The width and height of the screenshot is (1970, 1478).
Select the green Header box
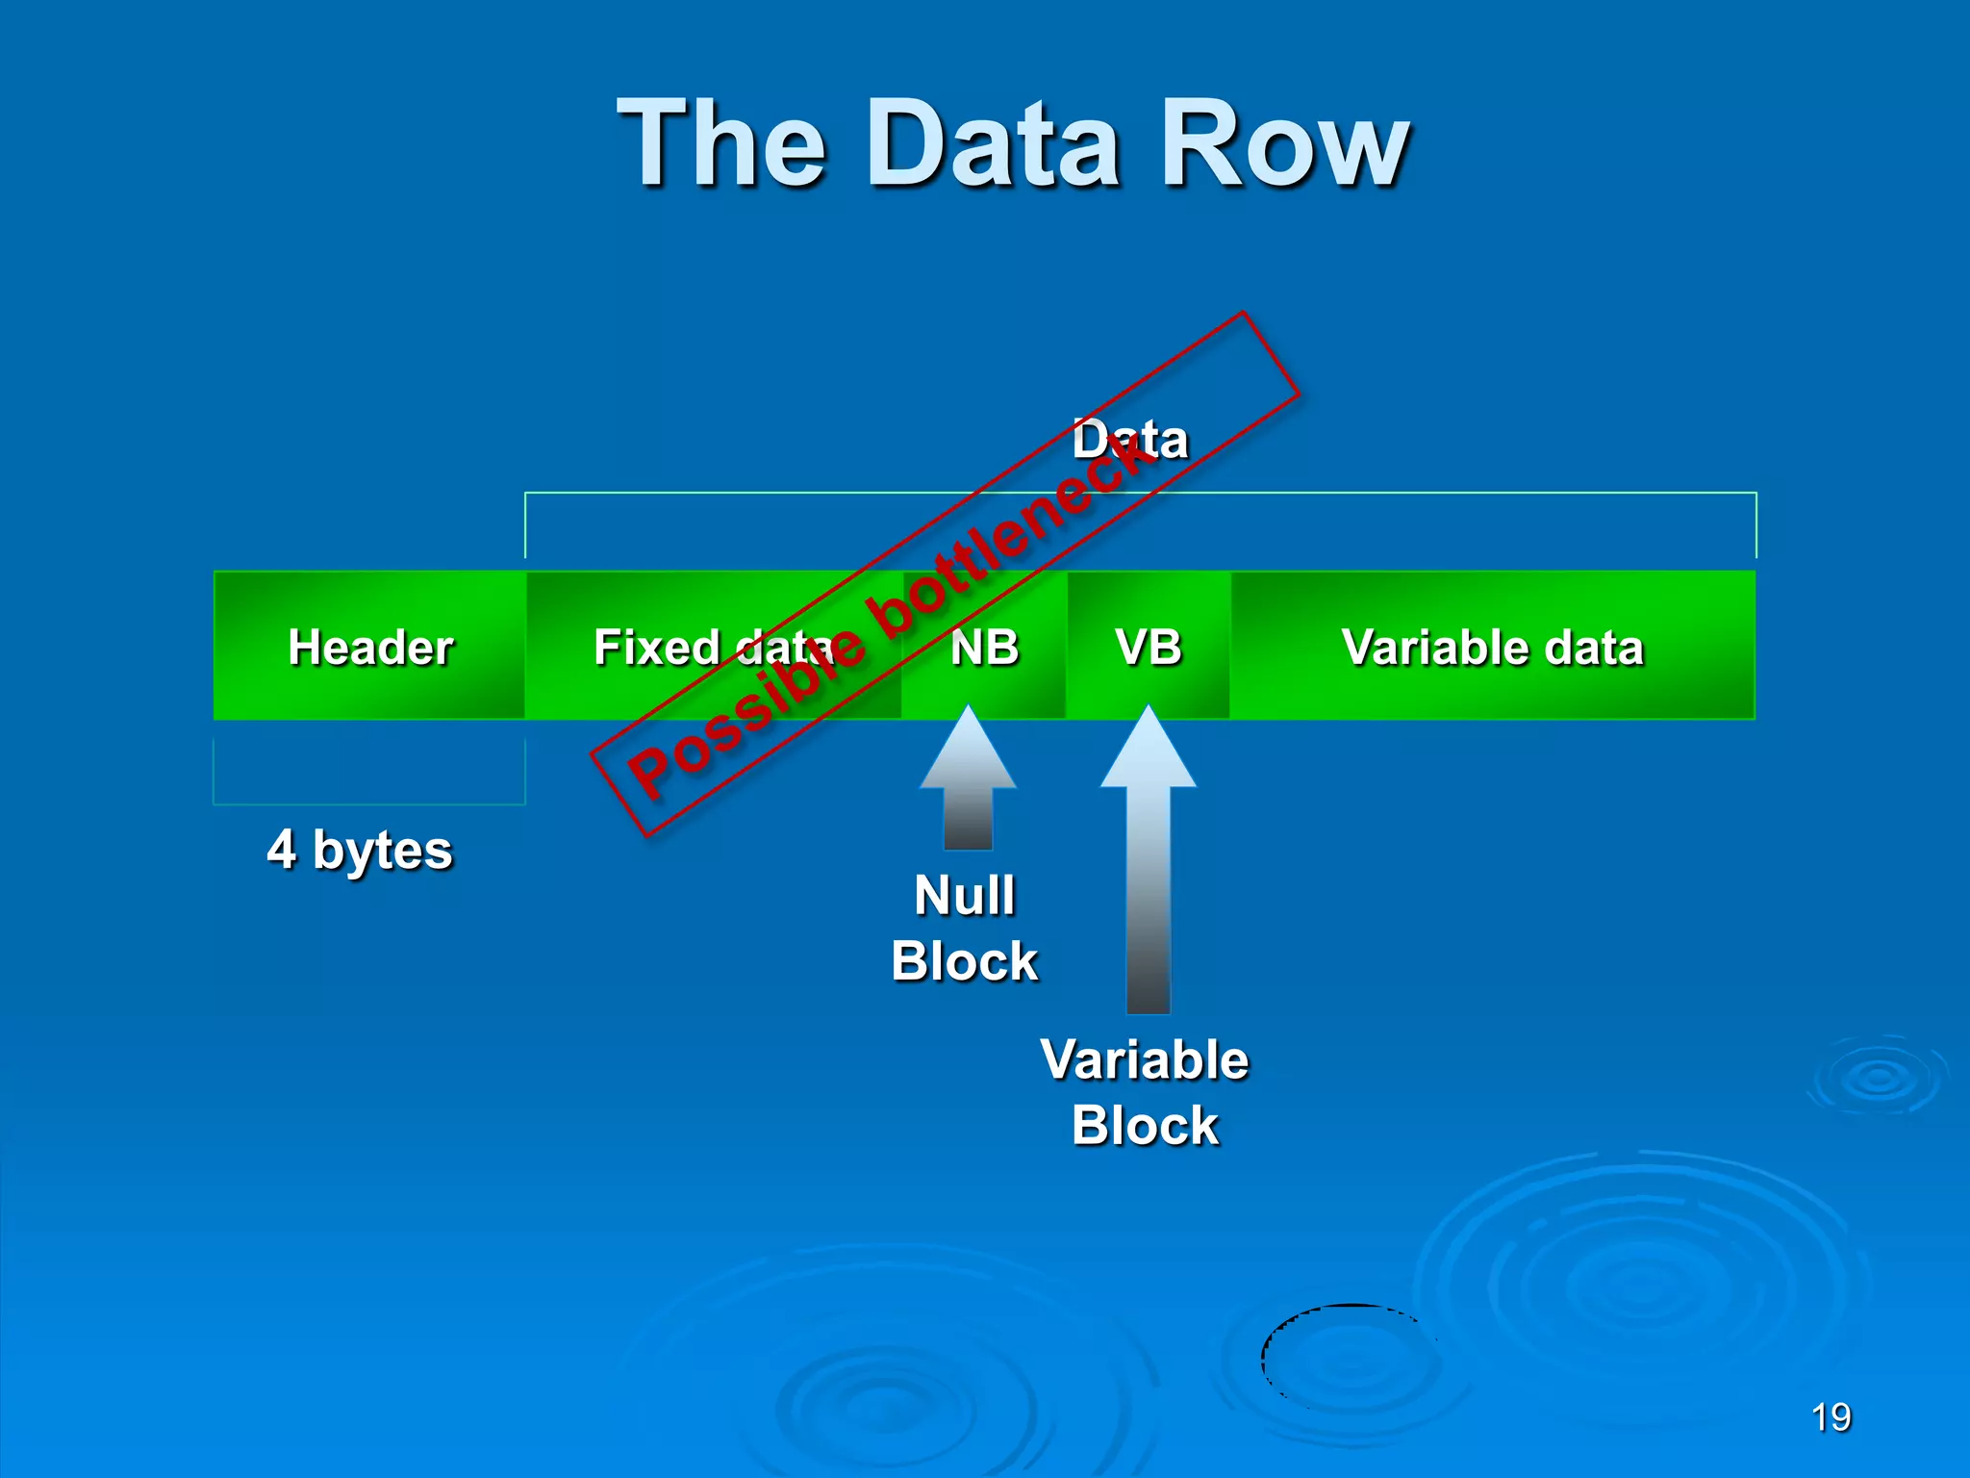[x=370, y=646]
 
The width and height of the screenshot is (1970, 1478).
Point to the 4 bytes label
[x=360, y=851]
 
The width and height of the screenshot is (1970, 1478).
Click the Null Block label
[x=965, y=929]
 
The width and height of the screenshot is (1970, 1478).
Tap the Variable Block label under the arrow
[x=1145, y=1092]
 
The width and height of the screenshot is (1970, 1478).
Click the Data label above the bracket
[x=1131, y=440]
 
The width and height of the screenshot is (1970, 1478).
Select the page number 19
[x=1831, y=1417]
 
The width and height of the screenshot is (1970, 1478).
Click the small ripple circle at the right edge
[x=1879, y=1078]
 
